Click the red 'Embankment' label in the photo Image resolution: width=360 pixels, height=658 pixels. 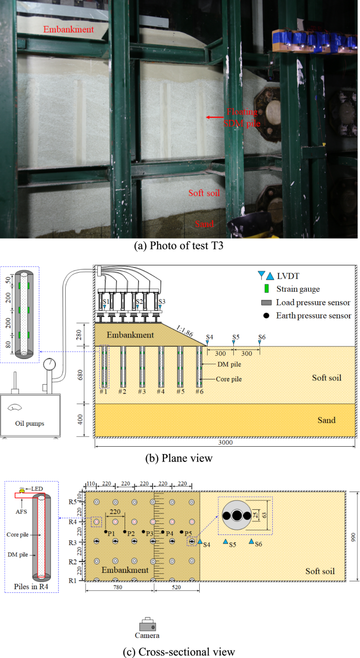[69, 29]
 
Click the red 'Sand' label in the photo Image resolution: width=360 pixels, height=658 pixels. [204, 224]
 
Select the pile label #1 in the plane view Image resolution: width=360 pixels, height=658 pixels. [104, 392]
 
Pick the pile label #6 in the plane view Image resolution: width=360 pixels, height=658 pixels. [199, 392]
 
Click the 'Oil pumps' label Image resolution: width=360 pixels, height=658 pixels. [31, 421]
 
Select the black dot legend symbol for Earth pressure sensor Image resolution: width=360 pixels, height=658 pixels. [266, 315]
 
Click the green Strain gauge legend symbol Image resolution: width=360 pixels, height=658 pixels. [266, 289]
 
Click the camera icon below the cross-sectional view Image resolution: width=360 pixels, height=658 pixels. [148, 625]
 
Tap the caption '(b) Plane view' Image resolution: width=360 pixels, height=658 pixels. [179, 458]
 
